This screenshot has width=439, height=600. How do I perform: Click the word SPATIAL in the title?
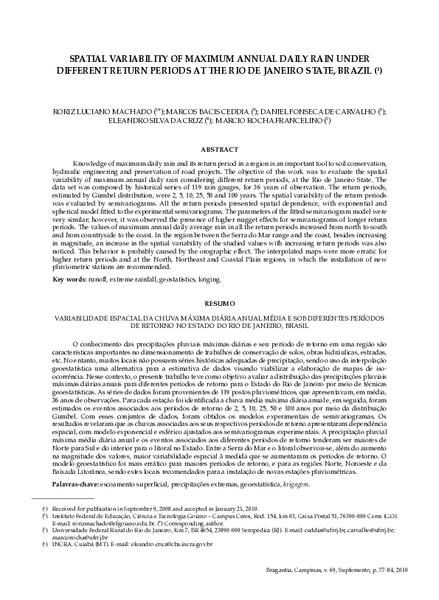tap(90, 57)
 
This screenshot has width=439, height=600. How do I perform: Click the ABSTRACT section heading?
tap(219, 149)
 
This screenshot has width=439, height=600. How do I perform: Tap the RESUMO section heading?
tap(219, 303)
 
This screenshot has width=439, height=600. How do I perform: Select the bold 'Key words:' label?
tap(69, 279)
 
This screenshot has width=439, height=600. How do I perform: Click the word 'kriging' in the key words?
tap(207, 279)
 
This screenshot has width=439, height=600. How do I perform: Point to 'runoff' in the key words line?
tap(99, 279)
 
